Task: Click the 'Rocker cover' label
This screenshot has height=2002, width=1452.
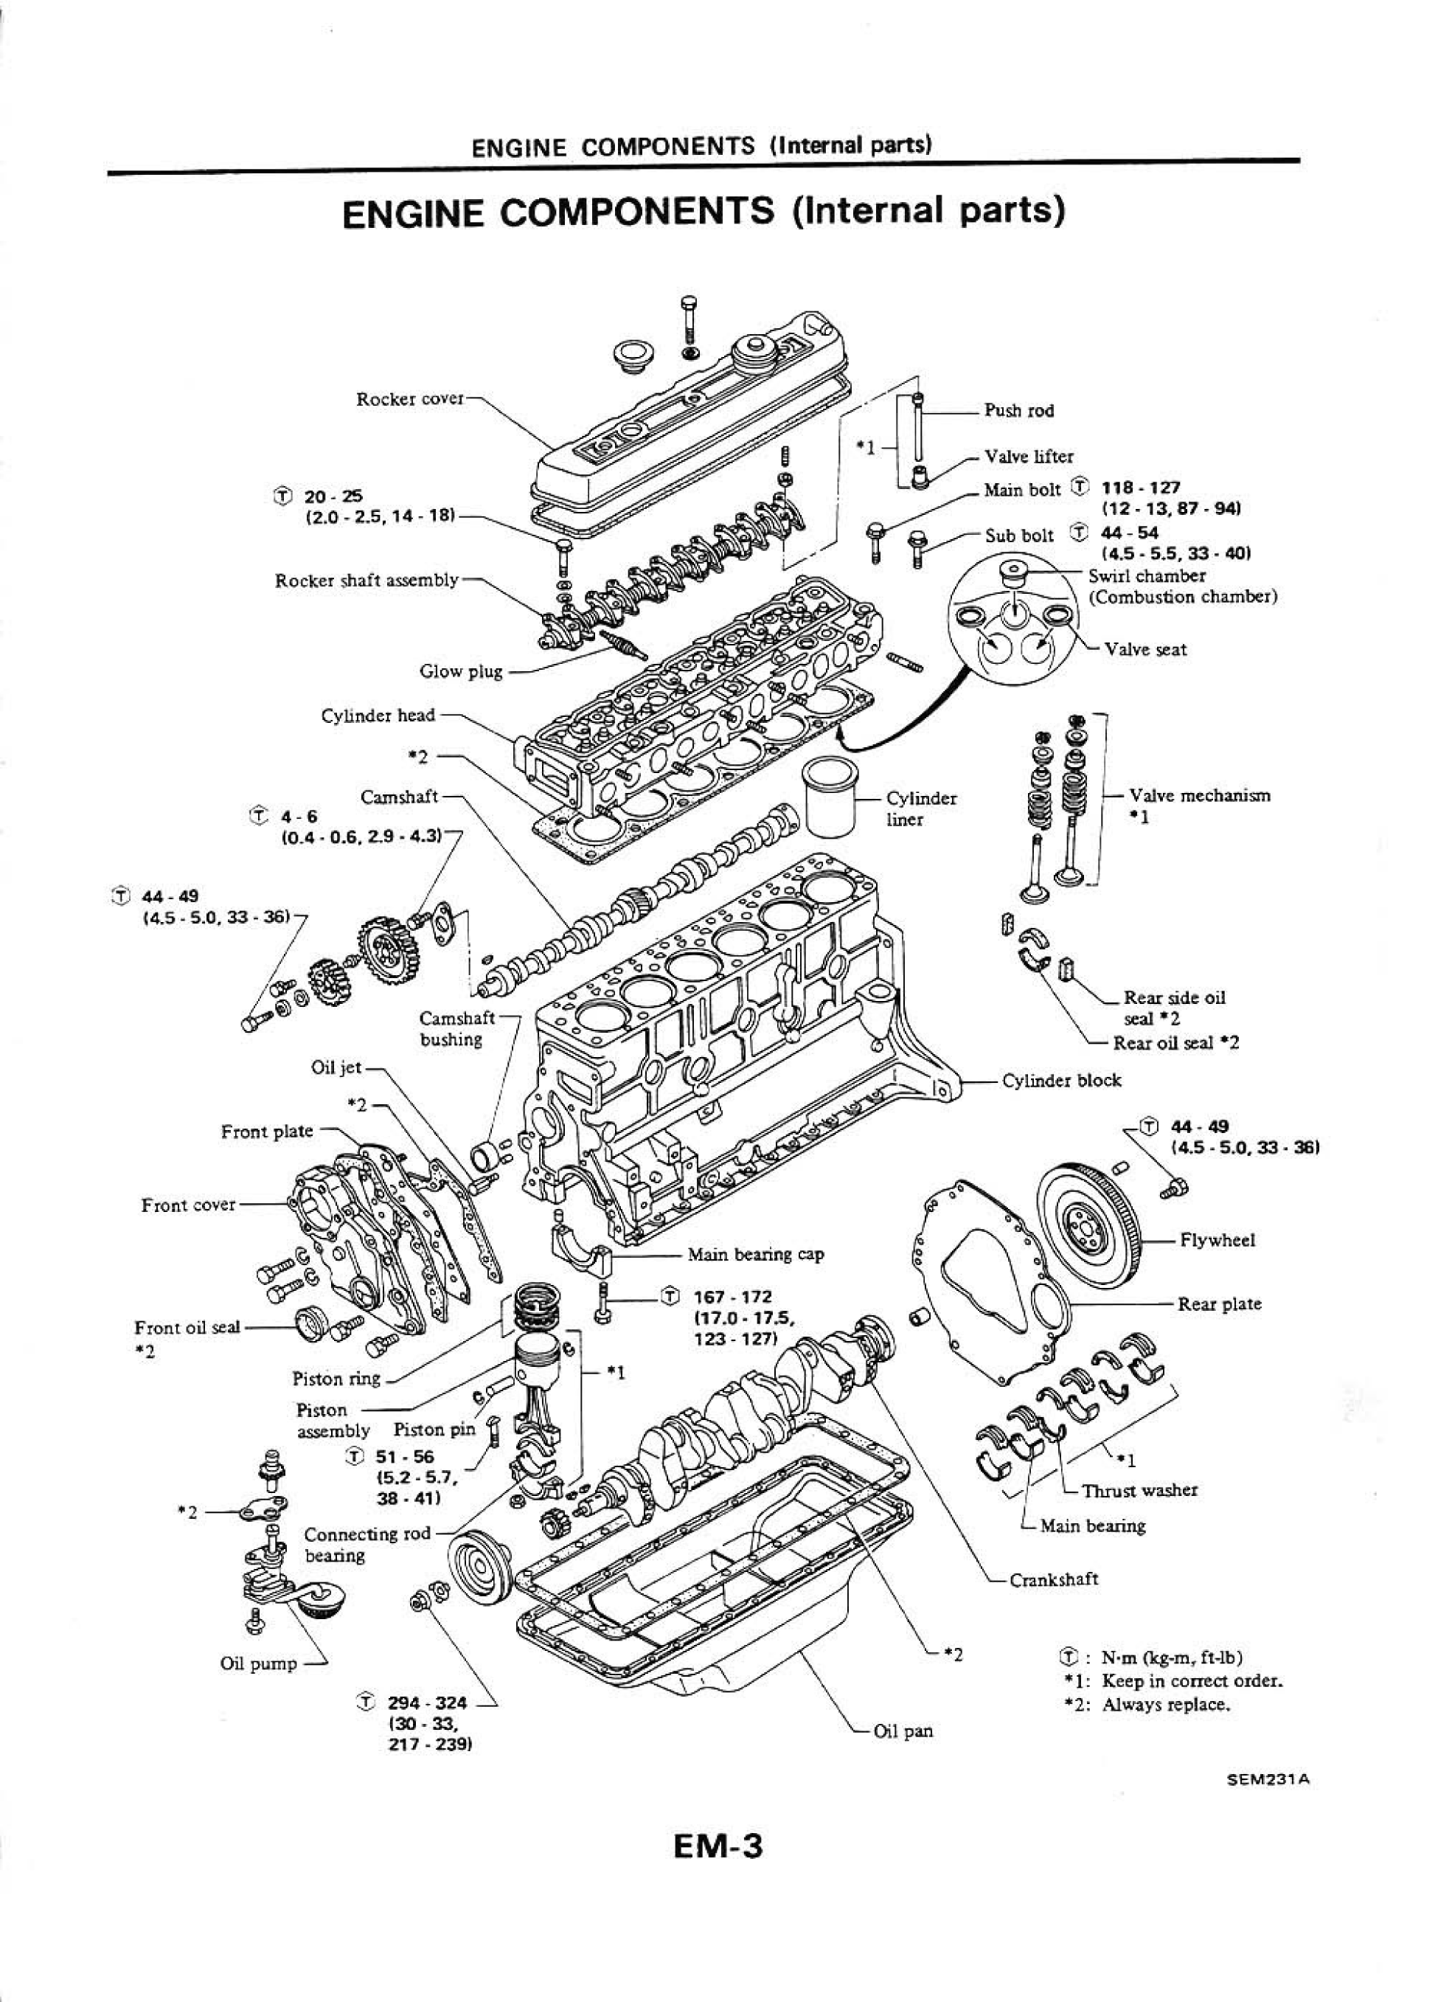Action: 409,399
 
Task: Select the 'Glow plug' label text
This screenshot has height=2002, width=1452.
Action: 461,672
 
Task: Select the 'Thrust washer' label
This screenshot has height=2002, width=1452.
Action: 1139,1491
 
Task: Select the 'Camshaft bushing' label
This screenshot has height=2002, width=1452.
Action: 456,1028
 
